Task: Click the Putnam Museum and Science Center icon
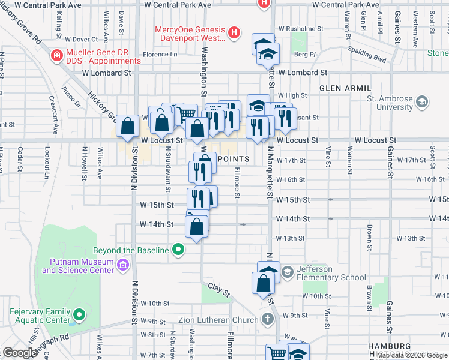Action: coord(123,265)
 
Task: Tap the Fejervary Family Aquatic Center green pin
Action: coord(77,314)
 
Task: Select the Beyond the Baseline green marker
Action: coord(178,249)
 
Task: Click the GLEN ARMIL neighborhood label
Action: coord(346,88)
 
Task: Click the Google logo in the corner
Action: coord(20,353)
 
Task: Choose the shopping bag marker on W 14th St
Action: coord(196,227)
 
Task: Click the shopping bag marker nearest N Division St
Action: coord(128,125)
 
